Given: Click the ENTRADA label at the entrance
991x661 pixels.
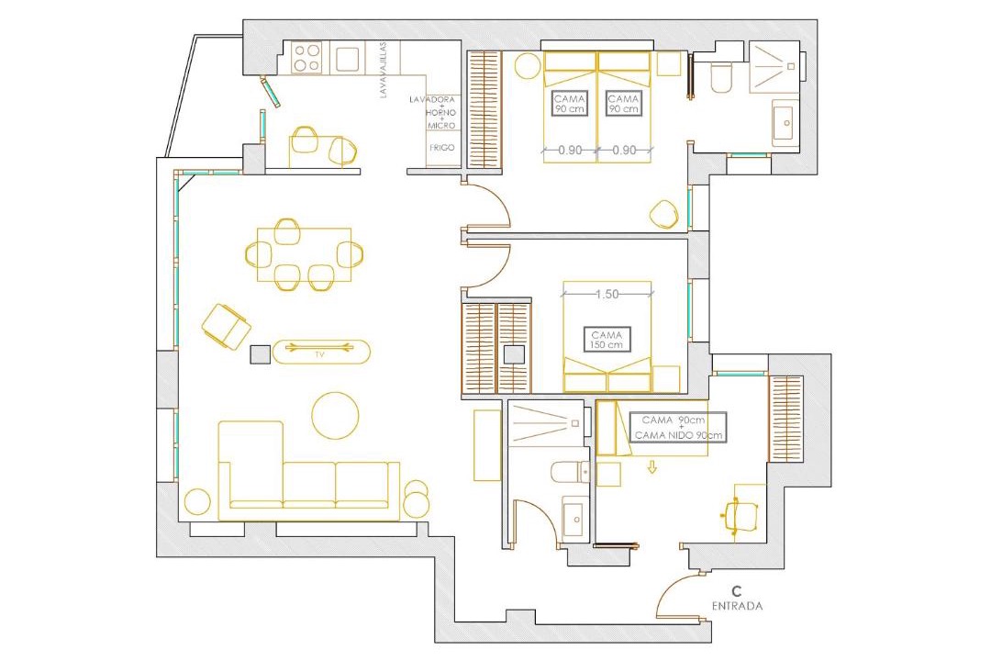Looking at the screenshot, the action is [x=737, y=606].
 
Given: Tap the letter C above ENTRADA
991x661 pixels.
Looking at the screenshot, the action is [x=736, y=591].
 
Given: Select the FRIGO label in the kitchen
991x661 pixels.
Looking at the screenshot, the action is [x=441, y=148].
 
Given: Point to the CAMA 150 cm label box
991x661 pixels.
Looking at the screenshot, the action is [x=607, y=340].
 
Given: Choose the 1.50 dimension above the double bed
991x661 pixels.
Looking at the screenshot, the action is [x=607, y=294].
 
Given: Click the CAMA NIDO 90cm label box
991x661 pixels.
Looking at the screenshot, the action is [x=678, y=428].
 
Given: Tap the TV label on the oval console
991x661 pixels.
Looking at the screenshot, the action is [x=320, y=355].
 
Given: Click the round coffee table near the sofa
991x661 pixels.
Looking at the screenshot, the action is [x=335, y=416].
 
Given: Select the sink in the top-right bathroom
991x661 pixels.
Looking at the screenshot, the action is [x=785, y=122].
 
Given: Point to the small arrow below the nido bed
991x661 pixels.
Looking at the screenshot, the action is [x=651, y=467].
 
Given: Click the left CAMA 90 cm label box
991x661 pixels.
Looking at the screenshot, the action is [x=570, y=104].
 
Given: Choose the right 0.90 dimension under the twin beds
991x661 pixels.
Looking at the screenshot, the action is [x=625, y=151].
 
